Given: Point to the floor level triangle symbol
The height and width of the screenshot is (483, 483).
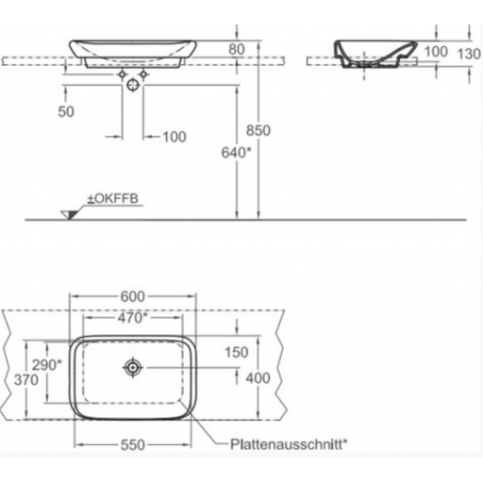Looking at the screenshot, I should (70, 211).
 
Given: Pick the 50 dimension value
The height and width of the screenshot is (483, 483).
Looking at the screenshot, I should (64, 111).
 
